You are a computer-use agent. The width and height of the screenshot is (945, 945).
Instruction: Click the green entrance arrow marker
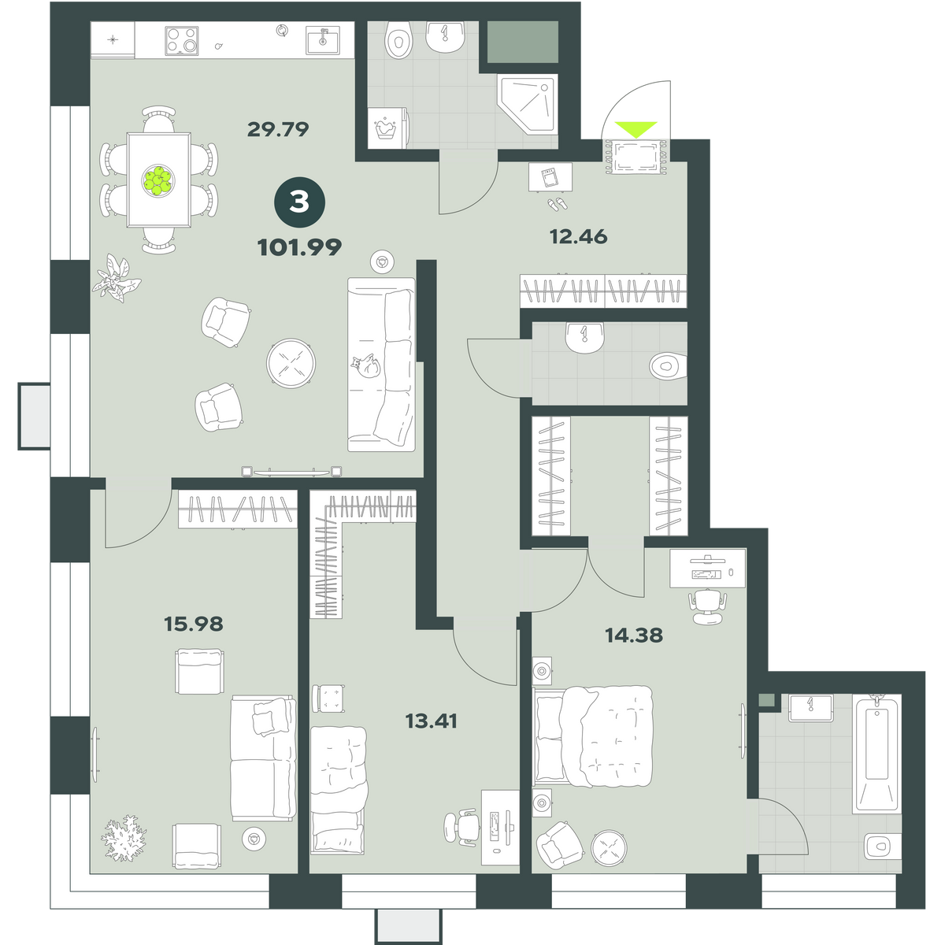tap(636, 128)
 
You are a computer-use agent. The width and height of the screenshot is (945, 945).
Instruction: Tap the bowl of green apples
tap(158, 180)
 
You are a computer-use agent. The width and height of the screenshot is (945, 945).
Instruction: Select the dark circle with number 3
tap(299, 202)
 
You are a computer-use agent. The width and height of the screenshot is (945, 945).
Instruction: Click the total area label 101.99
tap(299, 247)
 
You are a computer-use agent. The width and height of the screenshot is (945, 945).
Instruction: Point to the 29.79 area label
tap(278, 129)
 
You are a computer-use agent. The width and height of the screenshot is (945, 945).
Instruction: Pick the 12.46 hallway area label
tap(579, 237)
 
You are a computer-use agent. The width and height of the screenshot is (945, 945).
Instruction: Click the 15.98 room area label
tap(194, 624)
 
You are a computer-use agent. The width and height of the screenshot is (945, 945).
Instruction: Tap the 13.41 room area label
tap(432, 721)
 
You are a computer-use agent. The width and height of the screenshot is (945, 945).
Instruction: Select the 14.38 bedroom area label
tap(634, 635)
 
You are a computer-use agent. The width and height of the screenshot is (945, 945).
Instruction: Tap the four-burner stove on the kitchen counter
tap(182, 40)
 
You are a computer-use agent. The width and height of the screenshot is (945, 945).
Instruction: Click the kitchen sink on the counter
tap(323, 40)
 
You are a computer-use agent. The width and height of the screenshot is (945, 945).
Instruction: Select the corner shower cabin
tap(528, 105)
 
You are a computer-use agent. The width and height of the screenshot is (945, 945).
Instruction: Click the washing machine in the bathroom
tap(387, 128)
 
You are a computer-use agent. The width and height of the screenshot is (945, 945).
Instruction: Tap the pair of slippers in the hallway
tap(557, 204)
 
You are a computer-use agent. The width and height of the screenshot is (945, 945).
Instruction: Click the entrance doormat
tap(636, 157)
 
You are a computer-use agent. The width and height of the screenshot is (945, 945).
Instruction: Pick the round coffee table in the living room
tap(291, 363)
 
